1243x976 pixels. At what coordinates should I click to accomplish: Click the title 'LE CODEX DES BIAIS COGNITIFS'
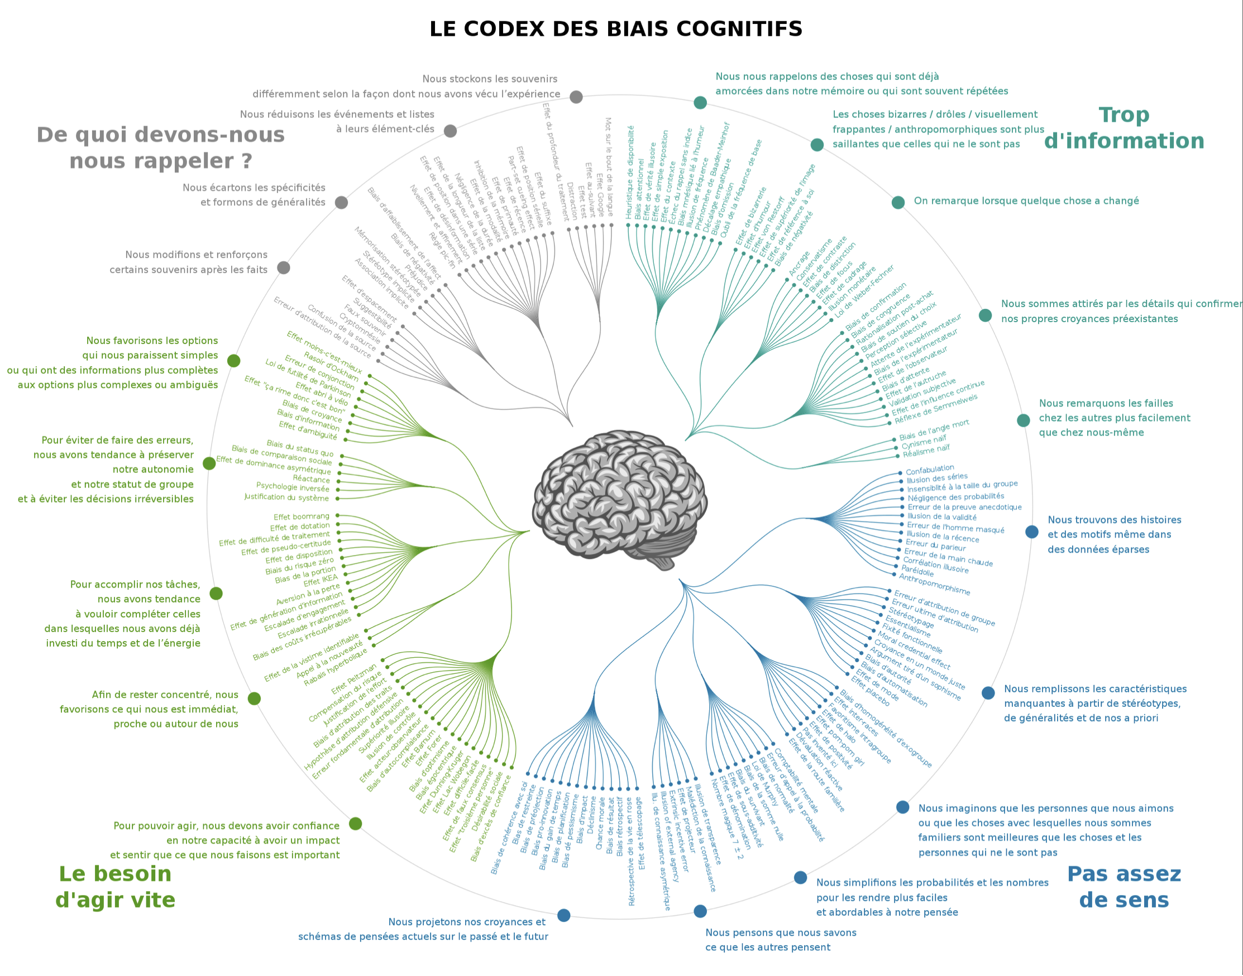(x=615, y=29)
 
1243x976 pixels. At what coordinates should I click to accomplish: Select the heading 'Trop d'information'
(x=1124, y=128)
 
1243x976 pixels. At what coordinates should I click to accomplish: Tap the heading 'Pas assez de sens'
(x=1124, y=887)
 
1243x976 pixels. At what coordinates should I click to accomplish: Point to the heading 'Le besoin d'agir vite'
(x=116, y=887)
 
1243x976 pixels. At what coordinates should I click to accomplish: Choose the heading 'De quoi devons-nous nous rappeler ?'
(x=161, y=148)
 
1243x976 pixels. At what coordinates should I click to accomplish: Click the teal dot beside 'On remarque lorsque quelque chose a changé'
(x=898, y=202)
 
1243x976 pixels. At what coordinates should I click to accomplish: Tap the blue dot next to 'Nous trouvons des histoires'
(x=1031, y=532)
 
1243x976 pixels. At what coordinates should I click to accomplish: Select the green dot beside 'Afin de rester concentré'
(x=254, y=698)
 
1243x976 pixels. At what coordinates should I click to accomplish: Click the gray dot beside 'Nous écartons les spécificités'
(x=341, y=202)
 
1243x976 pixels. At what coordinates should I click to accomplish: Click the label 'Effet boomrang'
(x=301, y=516)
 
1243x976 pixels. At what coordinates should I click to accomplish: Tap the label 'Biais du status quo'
(x=299, y=448)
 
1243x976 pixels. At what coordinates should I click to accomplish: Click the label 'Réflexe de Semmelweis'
(x=935, y=409)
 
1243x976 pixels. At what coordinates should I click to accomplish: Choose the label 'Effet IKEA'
(x=321, y=581)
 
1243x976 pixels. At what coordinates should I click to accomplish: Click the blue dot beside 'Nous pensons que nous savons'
(x=700, y=911)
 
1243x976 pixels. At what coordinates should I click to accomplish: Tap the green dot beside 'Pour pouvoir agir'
(x=356, y=824)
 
